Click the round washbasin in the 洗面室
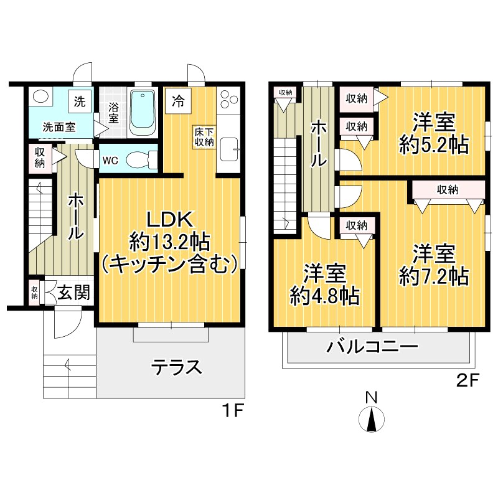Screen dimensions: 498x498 tap(41, 98)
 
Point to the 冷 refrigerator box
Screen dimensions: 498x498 tap(178, 100)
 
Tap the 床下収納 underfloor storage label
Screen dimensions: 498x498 tap(204, 137)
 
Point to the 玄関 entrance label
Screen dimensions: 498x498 tap(73, 292)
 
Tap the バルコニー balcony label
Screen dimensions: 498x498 tap(373, 347)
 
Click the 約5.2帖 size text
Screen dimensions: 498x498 tap(434, 144)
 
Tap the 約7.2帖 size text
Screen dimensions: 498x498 tap(434, 275)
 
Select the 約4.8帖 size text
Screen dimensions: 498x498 tap(325, 296)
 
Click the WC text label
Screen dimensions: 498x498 tap(110, 160)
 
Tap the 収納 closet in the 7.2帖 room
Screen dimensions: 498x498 tap(448, 190)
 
